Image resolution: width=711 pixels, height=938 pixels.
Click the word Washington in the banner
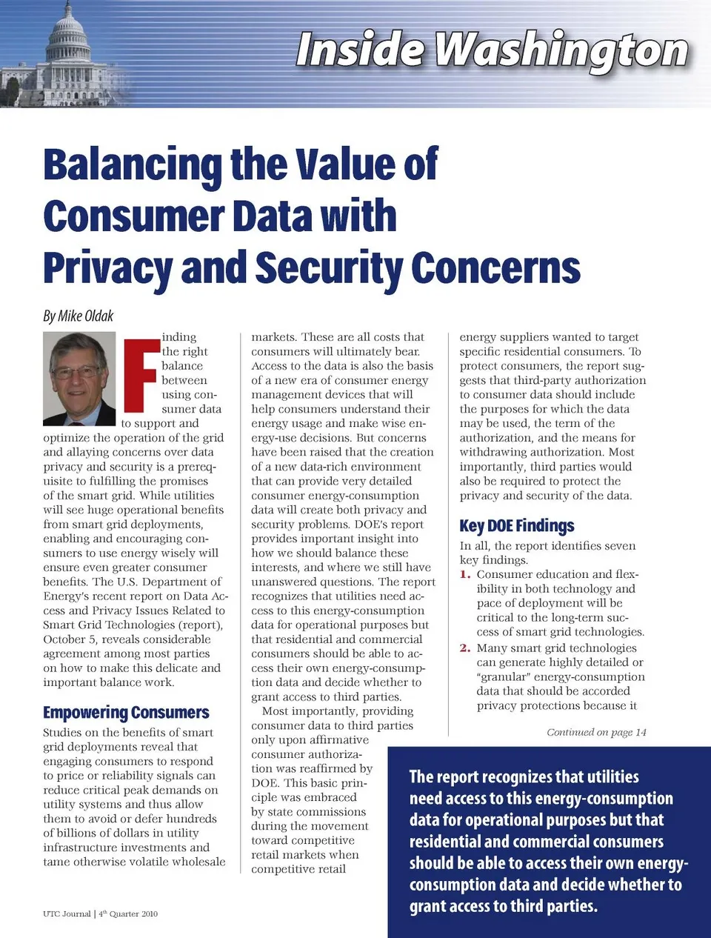[561, 50]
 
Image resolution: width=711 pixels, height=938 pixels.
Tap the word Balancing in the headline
[132, 164]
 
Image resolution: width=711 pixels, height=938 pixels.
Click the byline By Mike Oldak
[78, 316]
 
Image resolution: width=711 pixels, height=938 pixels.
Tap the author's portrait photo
[79, 378]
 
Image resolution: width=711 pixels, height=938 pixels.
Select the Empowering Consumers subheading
[126, 713]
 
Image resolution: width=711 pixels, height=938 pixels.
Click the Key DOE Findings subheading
[516, 526]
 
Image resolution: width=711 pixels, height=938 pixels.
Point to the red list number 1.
[464, 575]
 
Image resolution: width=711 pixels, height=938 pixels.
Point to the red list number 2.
[464, 648]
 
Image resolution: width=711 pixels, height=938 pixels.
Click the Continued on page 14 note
[596, 732]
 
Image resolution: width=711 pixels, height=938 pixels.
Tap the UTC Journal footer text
[67, 914]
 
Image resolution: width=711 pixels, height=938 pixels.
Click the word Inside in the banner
[360, 50]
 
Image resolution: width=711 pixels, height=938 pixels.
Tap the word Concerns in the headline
[495, 267]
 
